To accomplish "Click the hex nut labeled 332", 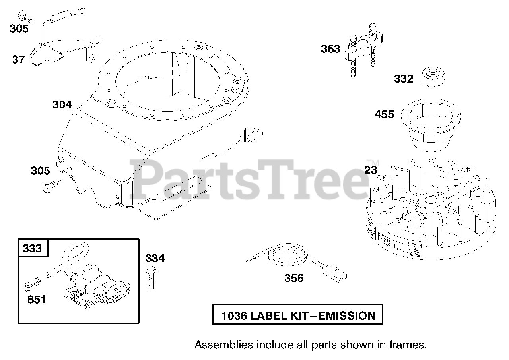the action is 432,74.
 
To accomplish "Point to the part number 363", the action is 330,49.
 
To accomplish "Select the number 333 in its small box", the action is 32,248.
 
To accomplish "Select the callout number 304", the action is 62,105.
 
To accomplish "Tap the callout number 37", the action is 18,60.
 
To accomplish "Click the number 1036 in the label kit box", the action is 234,316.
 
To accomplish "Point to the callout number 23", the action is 370,170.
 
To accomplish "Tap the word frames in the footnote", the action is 408,344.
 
